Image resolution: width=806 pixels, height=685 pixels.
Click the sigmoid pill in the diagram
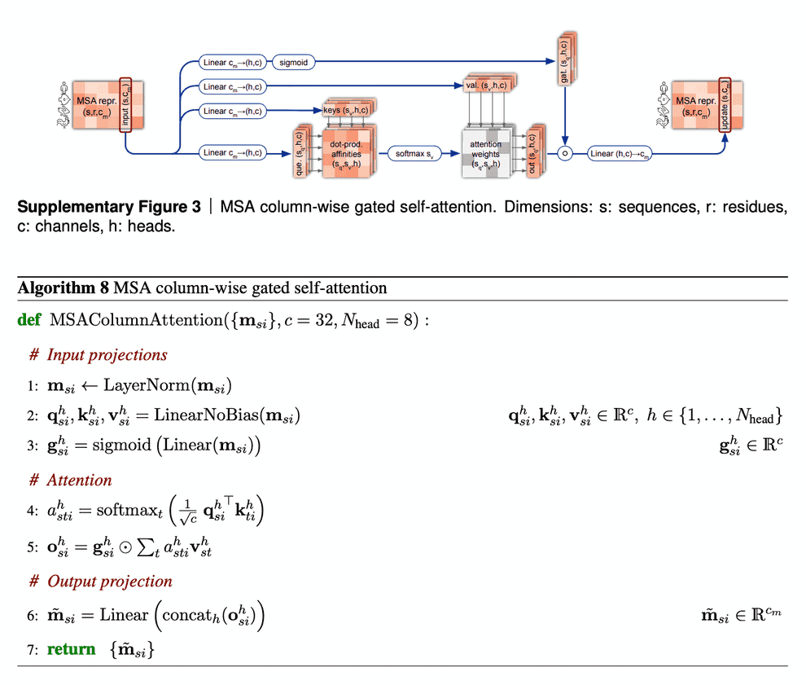pyautogui.click(x=292, y=61)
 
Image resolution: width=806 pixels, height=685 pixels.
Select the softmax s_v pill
pyautogui.click(x=415, y=152)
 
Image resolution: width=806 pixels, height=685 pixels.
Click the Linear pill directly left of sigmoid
pyautogui.click(x=232, y=61)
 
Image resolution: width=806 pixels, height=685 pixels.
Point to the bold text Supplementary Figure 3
pyautogui.click(x=109, y=207)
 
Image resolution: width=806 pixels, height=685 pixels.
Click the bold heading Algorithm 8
pyautogui.click(x=63, y=288)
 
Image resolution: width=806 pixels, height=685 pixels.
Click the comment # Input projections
pyautogui.click(x=99, y=354)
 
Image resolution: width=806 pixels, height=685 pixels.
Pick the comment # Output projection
pyautogui.click(x=101, y=581)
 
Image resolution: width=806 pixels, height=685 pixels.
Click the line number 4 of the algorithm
pyautogui.click(x=31, y=512)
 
